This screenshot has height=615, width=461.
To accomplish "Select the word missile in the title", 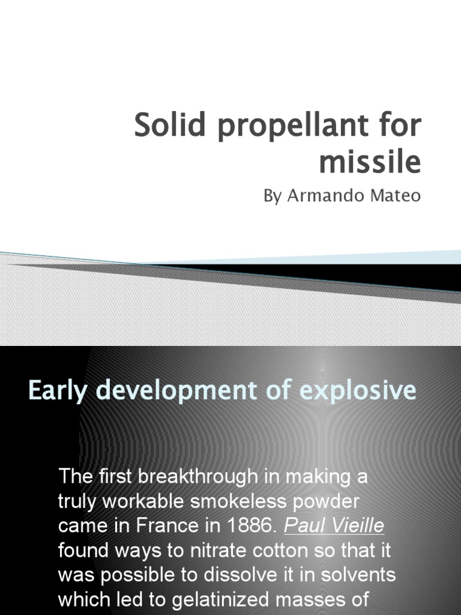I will point(370,162).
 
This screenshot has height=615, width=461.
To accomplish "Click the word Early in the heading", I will point(58,391).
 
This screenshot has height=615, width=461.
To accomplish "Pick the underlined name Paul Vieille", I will point(334,527).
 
